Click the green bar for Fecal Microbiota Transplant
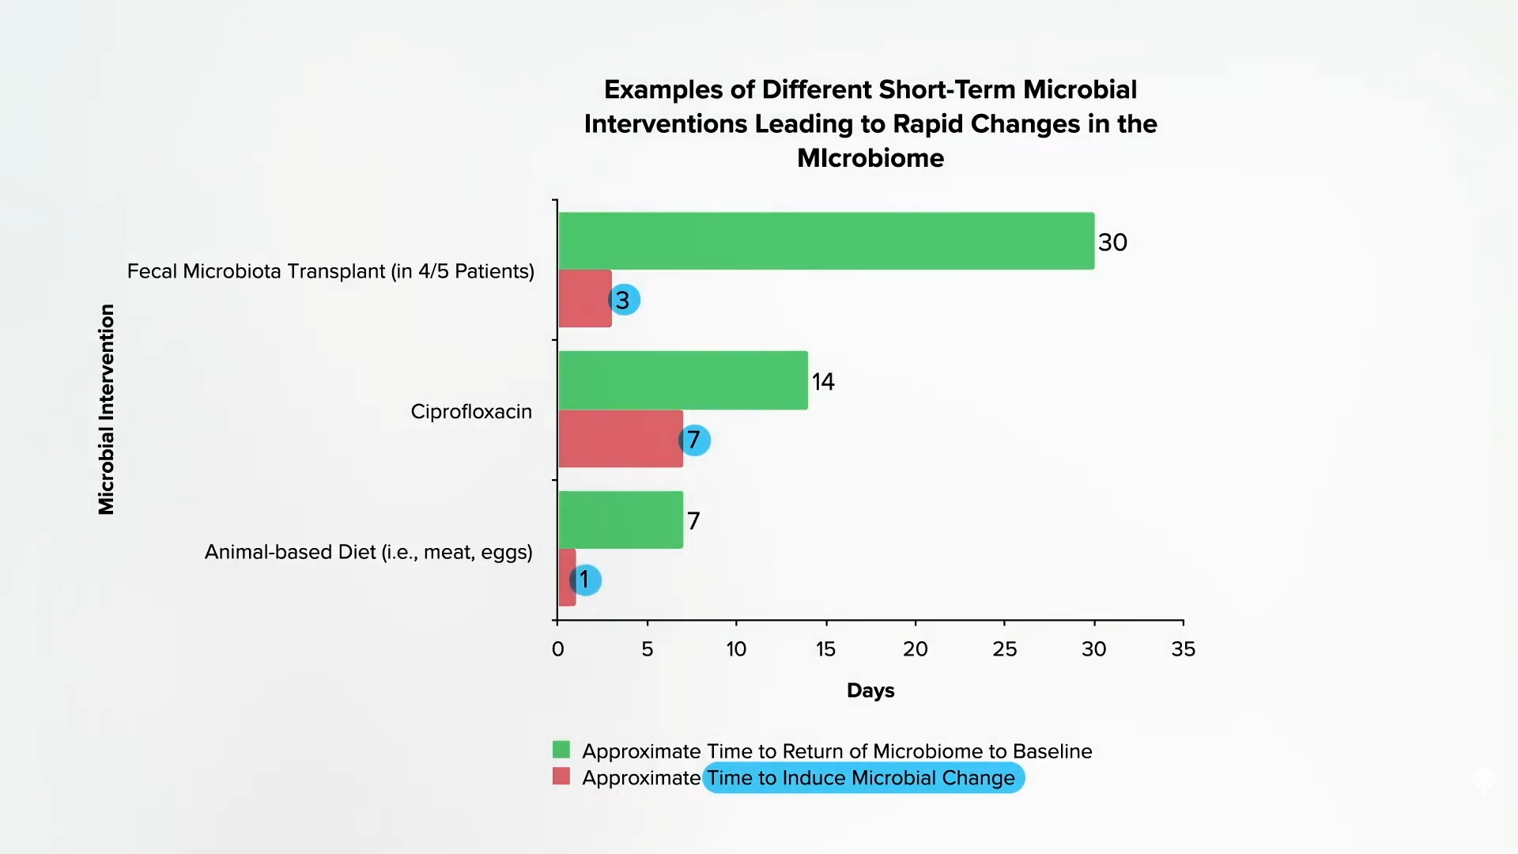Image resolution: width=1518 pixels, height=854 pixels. coord(826,240)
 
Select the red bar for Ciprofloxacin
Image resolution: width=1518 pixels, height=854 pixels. coord(620,439)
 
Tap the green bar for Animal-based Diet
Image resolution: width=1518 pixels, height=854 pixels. coord(621,520)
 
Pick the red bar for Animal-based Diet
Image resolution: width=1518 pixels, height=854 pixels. coord(566,578)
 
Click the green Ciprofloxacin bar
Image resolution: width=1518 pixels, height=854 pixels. coord(683,380)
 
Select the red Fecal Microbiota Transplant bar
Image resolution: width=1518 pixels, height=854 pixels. coord(584,299)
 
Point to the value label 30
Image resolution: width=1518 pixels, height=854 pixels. coord(1112,242)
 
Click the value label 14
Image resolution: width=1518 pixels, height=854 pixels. coord(823,382)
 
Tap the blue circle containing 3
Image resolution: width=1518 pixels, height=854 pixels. coord(624,300)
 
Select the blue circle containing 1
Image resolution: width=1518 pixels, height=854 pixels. coord(585,580)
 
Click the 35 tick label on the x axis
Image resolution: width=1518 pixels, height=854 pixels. coord(1183,649)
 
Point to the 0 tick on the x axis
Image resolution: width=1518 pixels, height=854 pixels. coord(557,649)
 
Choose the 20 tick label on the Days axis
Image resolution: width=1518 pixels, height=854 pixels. coord(915,649)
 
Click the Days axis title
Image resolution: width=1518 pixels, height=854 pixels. coord(870,690)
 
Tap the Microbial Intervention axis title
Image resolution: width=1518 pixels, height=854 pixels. coord(107,409)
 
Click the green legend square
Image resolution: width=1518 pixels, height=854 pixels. coord(561,750)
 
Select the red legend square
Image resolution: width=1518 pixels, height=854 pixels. coord(561,777)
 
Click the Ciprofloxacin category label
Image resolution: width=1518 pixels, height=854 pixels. coord(471,411)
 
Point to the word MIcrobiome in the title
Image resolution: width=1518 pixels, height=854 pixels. coord(870,158)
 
